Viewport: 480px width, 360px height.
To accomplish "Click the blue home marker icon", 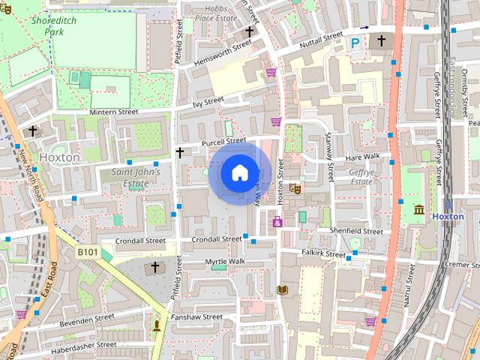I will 238,172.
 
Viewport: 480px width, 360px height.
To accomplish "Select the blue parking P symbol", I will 355,43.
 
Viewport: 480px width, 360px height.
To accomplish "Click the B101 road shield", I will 88,253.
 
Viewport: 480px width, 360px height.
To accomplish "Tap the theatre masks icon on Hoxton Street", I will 294,189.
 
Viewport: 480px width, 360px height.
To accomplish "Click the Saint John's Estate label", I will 135,177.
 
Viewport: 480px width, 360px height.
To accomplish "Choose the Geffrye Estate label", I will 361,176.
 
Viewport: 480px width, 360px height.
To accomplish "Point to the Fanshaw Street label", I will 196,317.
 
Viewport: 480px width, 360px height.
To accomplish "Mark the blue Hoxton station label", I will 448,217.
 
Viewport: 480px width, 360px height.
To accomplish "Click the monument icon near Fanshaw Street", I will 157,325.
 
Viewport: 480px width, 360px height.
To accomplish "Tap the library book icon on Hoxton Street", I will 283,289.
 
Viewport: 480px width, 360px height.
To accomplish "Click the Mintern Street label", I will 114,112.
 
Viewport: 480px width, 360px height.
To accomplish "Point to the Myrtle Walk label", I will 225,261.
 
